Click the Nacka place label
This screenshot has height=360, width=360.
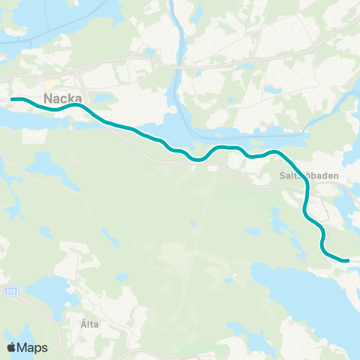65,98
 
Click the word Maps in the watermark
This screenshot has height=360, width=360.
33,347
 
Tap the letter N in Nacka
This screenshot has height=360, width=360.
49,98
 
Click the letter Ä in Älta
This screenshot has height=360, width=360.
81,325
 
